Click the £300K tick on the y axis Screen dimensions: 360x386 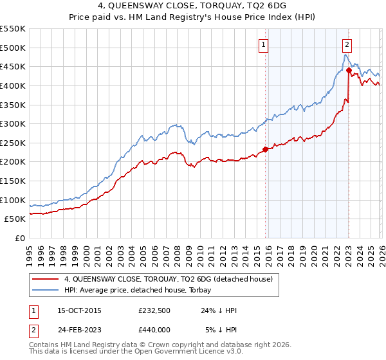click(13, 123)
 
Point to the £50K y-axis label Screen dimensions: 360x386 click(15, 219)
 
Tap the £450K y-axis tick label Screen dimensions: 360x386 click(13, 66)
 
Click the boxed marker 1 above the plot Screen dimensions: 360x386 click(264, 45)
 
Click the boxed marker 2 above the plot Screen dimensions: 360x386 click(347, 45)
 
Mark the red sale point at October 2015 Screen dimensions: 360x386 click(265, 150)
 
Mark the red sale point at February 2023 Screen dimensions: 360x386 click(348, 70)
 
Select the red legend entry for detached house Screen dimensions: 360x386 click(169, 279)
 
